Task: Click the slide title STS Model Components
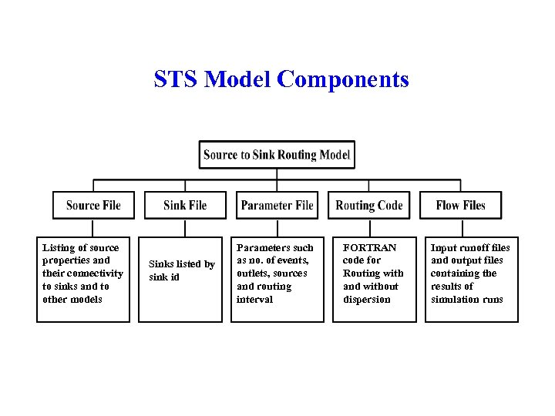[x=281, y=79]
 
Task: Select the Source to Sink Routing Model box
[x=277, y=155]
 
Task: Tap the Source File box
[x=93, y=205]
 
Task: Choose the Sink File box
[x=185, y=205]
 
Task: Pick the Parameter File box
[x=277, y=205]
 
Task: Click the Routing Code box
[x=369, y=205]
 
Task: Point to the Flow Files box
[x=460, y=205]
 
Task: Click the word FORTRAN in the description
[x=369, y=248]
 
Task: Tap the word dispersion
[x=367, y=300]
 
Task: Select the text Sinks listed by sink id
[x=182, y=270]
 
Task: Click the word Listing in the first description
[x=59, y=248]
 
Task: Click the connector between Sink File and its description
[x=185, y=227]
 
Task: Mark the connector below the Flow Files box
[x=460, y=227]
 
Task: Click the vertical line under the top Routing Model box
[x=277, y=174]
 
